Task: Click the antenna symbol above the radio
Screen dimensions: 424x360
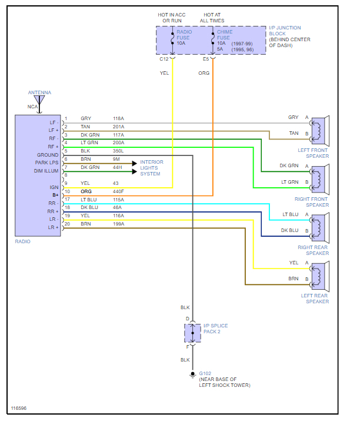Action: point(39,104)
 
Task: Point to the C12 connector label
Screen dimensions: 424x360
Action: point(164,59)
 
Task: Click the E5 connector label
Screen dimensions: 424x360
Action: point(205,59)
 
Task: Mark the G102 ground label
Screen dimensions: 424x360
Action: point(205,373)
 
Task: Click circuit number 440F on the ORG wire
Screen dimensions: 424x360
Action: point(119,192)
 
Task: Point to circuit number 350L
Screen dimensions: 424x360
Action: point(119,151)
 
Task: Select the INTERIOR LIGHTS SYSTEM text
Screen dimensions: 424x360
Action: point(151,168)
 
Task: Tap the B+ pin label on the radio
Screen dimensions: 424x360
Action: point(55,194)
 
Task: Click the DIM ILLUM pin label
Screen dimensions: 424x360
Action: point(47,171)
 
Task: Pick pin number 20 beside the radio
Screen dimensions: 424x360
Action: point(67,224)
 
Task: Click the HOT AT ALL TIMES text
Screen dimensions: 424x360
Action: point(213,18)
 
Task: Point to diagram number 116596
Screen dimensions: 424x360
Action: point(19,408)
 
